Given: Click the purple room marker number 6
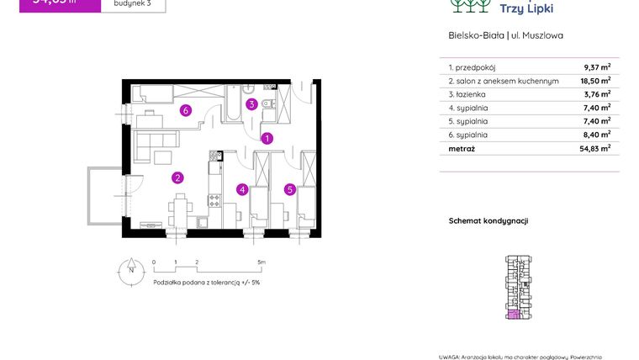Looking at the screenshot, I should tap(185, 109).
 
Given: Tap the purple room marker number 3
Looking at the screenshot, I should tap(251, 104).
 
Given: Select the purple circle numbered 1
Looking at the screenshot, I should tap(267, 139).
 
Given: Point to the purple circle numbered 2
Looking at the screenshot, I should tap(177, 177).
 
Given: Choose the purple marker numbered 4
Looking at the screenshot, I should tap(242, 189).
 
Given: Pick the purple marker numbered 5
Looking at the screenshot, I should tap(290, 189).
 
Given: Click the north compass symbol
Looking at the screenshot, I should tap(130, 270).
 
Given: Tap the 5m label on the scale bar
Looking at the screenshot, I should tap(261, 262).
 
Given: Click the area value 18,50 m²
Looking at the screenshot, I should tap(597, 82).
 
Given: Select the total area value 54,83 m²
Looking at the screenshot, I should tap(597, 148).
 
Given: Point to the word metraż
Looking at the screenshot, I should tap(462, 148).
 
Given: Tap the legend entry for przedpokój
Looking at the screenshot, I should tap(473, 68).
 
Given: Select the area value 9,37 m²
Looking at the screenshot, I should tap(597, 68).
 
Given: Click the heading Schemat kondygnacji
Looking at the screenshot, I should tap(488, 220).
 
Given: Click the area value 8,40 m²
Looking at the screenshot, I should tap(597, 135).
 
